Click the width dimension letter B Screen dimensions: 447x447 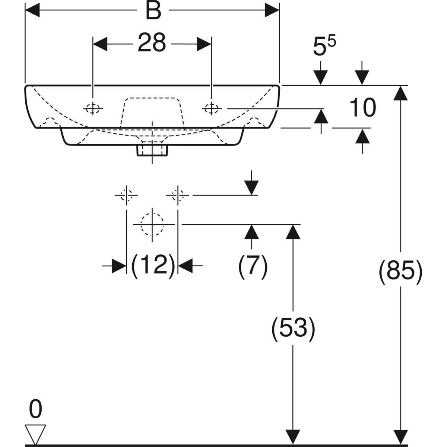coord(153,12)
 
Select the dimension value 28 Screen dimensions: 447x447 coord(152,43)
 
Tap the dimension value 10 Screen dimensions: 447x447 coord(362,108)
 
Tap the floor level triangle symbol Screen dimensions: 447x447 coord(35,434)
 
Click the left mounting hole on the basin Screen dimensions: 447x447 coord(93,108)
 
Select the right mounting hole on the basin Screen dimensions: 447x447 coord(211,108)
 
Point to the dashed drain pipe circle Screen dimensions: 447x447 coord(152,224)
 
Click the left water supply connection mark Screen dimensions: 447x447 coord(127,195)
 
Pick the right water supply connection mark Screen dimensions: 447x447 coord(178,195)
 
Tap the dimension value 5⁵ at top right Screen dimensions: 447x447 coord(324,47)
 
